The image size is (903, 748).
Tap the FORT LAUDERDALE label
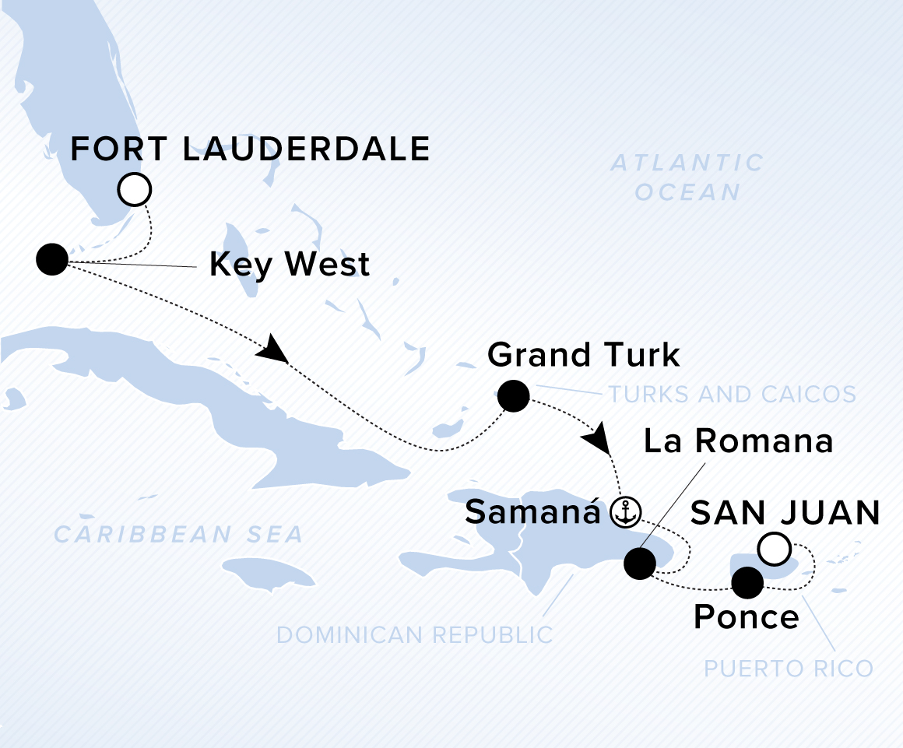pyautogui.click(x=250, y=149)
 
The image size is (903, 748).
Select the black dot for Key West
pyautogui.click(x=52, y=259)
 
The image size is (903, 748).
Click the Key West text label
pyautogui.click(x=289, y=265)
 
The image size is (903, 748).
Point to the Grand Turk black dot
pyautogui.click(x=513, y=396)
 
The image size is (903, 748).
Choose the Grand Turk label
pyautogui.click(x=583, y=355)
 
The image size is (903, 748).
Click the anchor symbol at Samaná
pyautogui.click(x=624, y=513)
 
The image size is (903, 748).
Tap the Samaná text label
pyautogui.click(x=533, y=513)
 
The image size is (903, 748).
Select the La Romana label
pyautogui.click(x=736, y=441)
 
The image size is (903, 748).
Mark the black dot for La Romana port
pyautogui.click(x=641, y=564)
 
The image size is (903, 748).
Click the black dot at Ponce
pyautogui.click(x=747, y=582)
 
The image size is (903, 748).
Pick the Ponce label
pyautogui.click(x=746, y=617)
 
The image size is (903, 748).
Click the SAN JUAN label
pyautogui.click(x=785, y=513)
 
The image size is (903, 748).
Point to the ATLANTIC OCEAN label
pyautogui.click(x=687, y=177)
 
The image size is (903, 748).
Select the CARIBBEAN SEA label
pyautogui.click(x=178, y=535)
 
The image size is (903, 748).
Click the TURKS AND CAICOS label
pyautogui.click(x=732, y=394)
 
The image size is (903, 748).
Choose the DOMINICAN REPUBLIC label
pyautogui.click(x=414, y=634)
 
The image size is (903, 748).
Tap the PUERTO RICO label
pyautogui.click(x=788, y=669)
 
